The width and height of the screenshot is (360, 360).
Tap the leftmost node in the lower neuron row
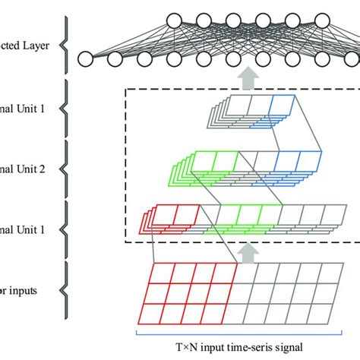tap(86, 58)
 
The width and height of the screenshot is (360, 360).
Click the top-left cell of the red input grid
tap(160, 273)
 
